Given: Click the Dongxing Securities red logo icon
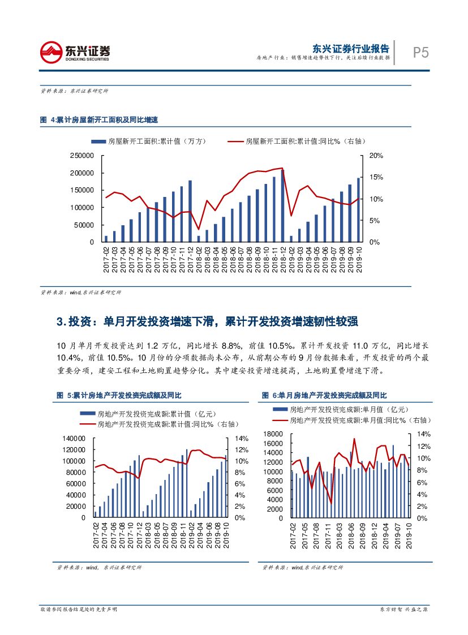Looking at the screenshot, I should pos(51,52).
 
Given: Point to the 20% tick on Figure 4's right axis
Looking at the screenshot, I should pos(376,156).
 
